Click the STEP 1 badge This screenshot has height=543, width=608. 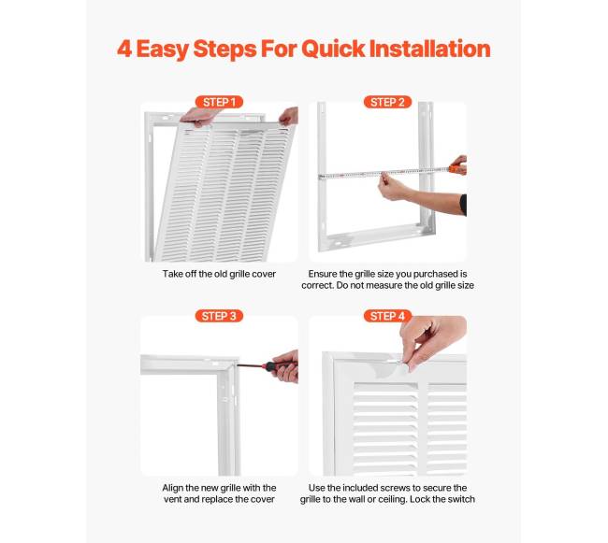[x=219, y=102]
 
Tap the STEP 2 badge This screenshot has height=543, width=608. [x=387, y=102]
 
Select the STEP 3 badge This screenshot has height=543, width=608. [x=219, y=316]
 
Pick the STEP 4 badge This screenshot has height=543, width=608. [x=387, y=316]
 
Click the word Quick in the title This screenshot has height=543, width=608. [x=333, y=50]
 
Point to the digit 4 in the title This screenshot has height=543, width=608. [x=124, y=50]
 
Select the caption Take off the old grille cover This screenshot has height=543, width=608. [x=219, y=274]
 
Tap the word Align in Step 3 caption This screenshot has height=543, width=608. [x=171, y=488]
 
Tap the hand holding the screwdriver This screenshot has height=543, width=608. [x=286, y=366]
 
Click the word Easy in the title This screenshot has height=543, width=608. [x=163, y=50]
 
